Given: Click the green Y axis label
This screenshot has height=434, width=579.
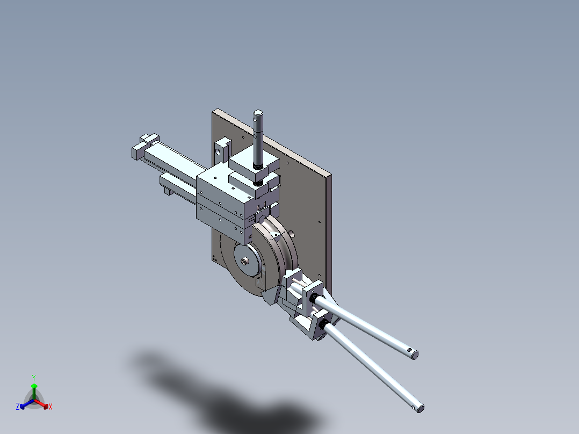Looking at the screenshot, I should pyautogui.click(x=33, y=378).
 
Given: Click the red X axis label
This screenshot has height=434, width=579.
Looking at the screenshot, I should pyautogui.click(x=50, y=407).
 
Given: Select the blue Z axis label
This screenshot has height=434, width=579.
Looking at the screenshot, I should pyautogui.click(x=18, y=407).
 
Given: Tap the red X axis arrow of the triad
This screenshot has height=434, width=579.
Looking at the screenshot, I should pyautogui.click(x=44, y=404).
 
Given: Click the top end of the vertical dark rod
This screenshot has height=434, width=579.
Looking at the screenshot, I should pyautogui.click(x=258, y=113).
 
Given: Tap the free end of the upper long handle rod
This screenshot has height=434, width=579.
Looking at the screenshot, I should pyautogui.click(x=413, y=353).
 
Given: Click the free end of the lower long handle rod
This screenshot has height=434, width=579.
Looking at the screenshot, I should pyautogui.click(x=419, y=408).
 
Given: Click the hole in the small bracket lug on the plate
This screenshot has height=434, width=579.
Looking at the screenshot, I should pyautogui.click(x=219, y=151).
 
